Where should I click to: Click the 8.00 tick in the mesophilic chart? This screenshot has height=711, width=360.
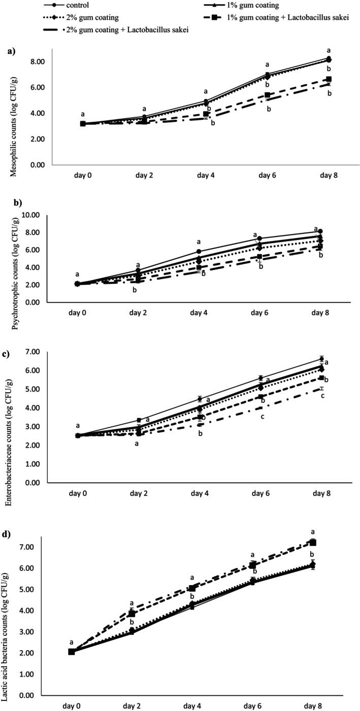37,61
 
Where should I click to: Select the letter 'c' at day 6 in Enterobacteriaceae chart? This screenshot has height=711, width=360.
263,417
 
